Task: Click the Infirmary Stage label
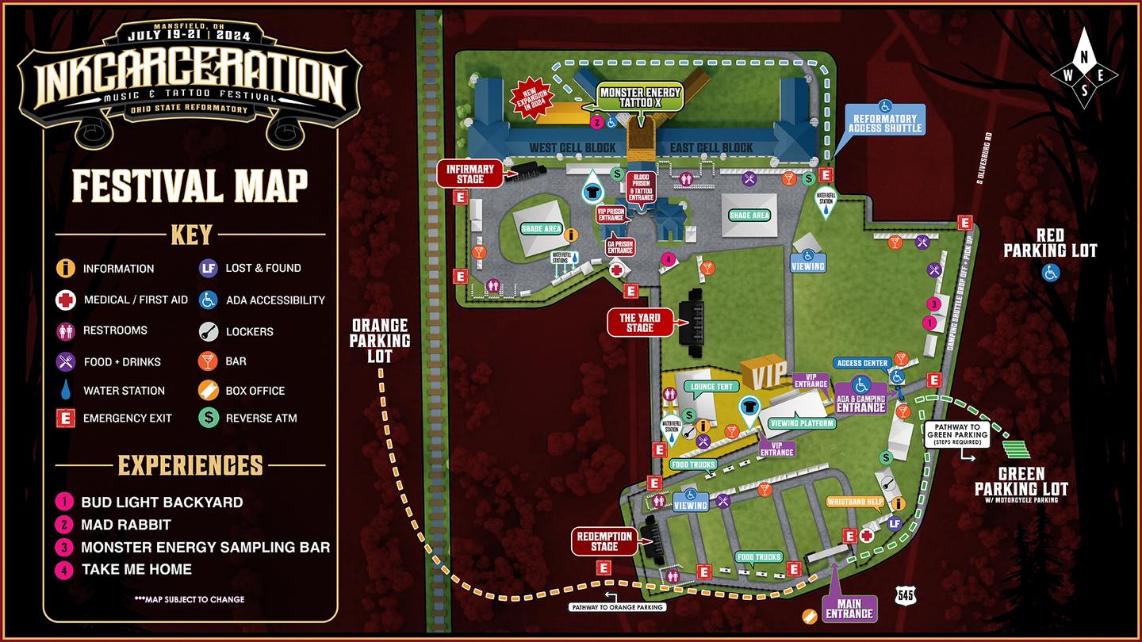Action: (x=470, y=174)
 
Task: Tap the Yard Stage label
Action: (x=640, y=323)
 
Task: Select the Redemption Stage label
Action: (x=604, y=541)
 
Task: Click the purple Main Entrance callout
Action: (x=849, y=609)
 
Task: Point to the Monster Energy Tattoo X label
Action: (x=641, y=97)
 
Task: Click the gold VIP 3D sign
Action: (x=765, y=372)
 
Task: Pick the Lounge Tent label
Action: (x=711, y=387)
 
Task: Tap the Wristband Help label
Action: (x=854, y=502)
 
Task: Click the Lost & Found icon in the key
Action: (x=208, y=269)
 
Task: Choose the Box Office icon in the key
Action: (x=208, y=391)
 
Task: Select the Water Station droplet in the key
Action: (x=66, y=391)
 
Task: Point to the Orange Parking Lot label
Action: (x=380, y=341)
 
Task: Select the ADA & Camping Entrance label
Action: (x=860, y=403)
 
